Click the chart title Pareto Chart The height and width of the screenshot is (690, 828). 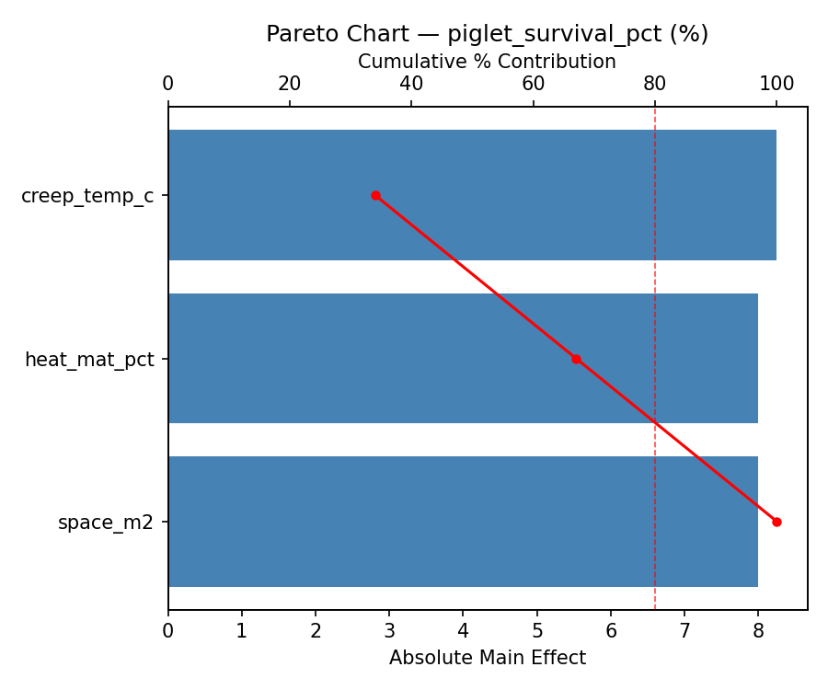click(x=487, y=34)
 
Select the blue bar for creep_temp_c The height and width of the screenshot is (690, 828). click(x=472, y=195)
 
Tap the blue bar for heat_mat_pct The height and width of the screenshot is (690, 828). click(x=463, y=359)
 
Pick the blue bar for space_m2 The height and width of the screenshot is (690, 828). click(x=463, y=522)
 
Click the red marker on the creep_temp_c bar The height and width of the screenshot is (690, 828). click(x=375, y=195)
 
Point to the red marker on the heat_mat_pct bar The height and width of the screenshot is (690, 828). click(x=576, y=359)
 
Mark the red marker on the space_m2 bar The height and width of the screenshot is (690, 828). click(x=776, y=522)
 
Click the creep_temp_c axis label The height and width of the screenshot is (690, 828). click(x=87, y=196)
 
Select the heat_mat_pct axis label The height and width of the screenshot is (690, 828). click(x=89, y=360)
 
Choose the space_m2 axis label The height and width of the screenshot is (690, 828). click(x=106, y=523)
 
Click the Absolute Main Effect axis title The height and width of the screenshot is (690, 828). click(x=487, y=658)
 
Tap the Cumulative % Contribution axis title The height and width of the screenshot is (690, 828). click(x=487, y=62)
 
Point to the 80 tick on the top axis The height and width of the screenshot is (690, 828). click(x=655, y=84)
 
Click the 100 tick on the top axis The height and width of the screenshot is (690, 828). click(x=776, y=84)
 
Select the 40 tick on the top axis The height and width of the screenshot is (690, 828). click(x=411, y=84)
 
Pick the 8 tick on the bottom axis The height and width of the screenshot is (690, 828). click(x=758, y=631)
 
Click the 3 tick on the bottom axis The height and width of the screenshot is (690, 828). click(x=389, y=631)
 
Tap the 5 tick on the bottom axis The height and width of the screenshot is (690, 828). click(x=537, y=631)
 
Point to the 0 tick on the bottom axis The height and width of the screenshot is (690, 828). click(x=168, y=631)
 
